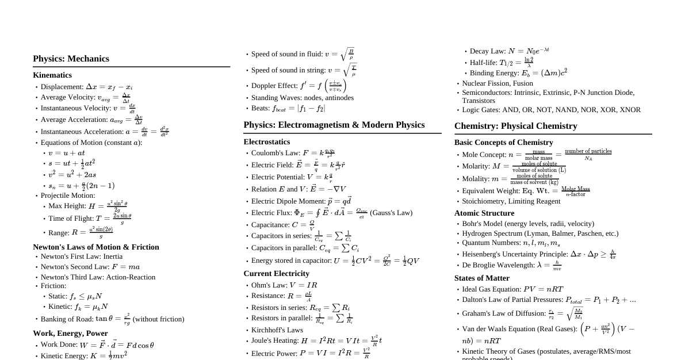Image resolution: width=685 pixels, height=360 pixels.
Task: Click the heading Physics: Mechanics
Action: point(71,59)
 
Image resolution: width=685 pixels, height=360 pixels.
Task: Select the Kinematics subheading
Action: point(52,75)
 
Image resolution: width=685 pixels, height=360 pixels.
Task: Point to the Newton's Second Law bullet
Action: point(90,267)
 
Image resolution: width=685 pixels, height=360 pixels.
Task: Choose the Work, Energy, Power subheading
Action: point(70,334)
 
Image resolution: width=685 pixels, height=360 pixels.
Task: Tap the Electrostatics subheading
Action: point(267,142)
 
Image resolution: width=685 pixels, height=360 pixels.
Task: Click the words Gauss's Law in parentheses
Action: point(391,213)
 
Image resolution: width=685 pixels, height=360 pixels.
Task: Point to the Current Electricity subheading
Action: point(276,274)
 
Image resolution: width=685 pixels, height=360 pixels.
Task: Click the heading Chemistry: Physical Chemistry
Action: point(515,126)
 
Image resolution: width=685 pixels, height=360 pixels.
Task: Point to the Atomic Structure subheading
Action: point(484,213)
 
